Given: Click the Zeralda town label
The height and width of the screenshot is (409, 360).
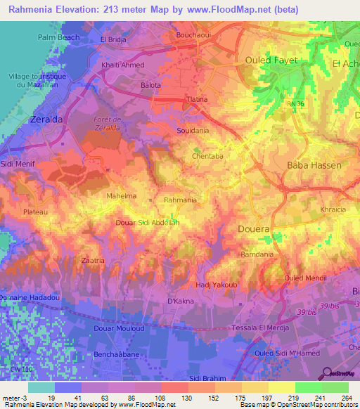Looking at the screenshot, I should pos(46,120).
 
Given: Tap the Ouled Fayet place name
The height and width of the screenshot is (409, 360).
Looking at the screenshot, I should pos(271,60).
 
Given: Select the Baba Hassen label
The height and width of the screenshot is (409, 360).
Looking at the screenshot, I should pos(314,166).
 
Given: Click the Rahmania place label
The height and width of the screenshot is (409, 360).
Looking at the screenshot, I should pos(180,200).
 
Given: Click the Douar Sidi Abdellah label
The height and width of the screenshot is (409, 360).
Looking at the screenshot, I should pos(148,222).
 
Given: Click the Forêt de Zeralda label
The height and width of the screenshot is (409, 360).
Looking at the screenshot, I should pos(108,123).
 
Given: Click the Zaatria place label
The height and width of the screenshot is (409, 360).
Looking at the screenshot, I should pos(93,260).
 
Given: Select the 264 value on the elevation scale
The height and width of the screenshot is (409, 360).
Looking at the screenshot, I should pos(345,397).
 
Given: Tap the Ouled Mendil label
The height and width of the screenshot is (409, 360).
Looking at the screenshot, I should pos(302,278).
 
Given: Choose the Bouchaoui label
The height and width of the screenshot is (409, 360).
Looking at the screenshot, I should pos(194,34).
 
